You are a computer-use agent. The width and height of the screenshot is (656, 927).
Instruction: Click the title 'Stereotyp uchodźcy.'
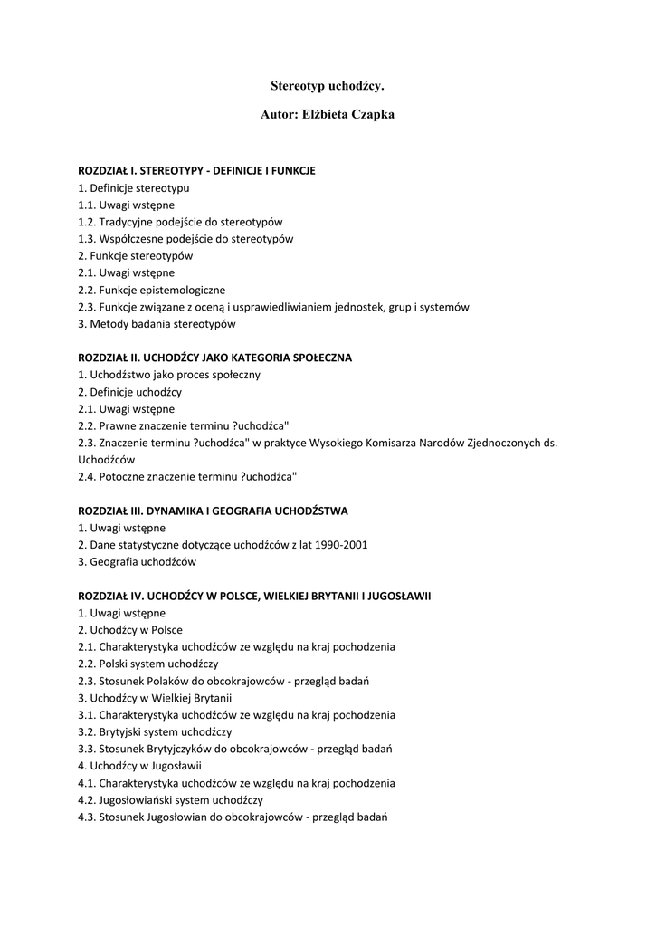click(328, 85)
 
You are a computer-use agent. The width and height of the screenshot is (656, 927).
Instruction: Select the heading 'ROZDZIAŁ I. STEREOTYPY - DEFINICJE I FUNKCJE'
click(196, 170)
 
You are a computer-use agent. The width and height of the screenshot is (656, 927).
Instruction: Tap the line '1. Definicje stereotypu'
click(134, 187)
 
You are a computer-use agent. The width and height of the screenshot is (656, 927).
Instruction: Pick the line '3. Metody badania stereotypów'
click(157, 323)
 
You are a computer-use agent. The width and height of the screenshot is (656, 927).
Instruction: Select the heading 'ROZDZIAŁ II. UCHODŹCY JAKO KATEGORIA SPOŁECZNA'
click(214, 358)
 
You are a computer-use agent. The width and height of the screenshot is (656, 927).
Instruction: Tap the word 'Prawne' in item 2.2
click(119, 425)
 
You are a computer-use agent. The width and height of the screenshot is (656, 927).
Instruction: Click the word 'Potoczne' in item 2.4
click(122, 476)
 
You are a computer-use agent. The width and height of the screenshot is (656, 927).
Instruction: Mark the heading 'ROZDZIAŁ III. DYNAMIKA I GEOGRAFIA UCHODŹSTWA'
click(213, 511)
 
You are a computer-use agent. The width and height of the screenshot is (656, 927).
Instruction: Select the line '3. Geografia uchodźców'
click(137, 561)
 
